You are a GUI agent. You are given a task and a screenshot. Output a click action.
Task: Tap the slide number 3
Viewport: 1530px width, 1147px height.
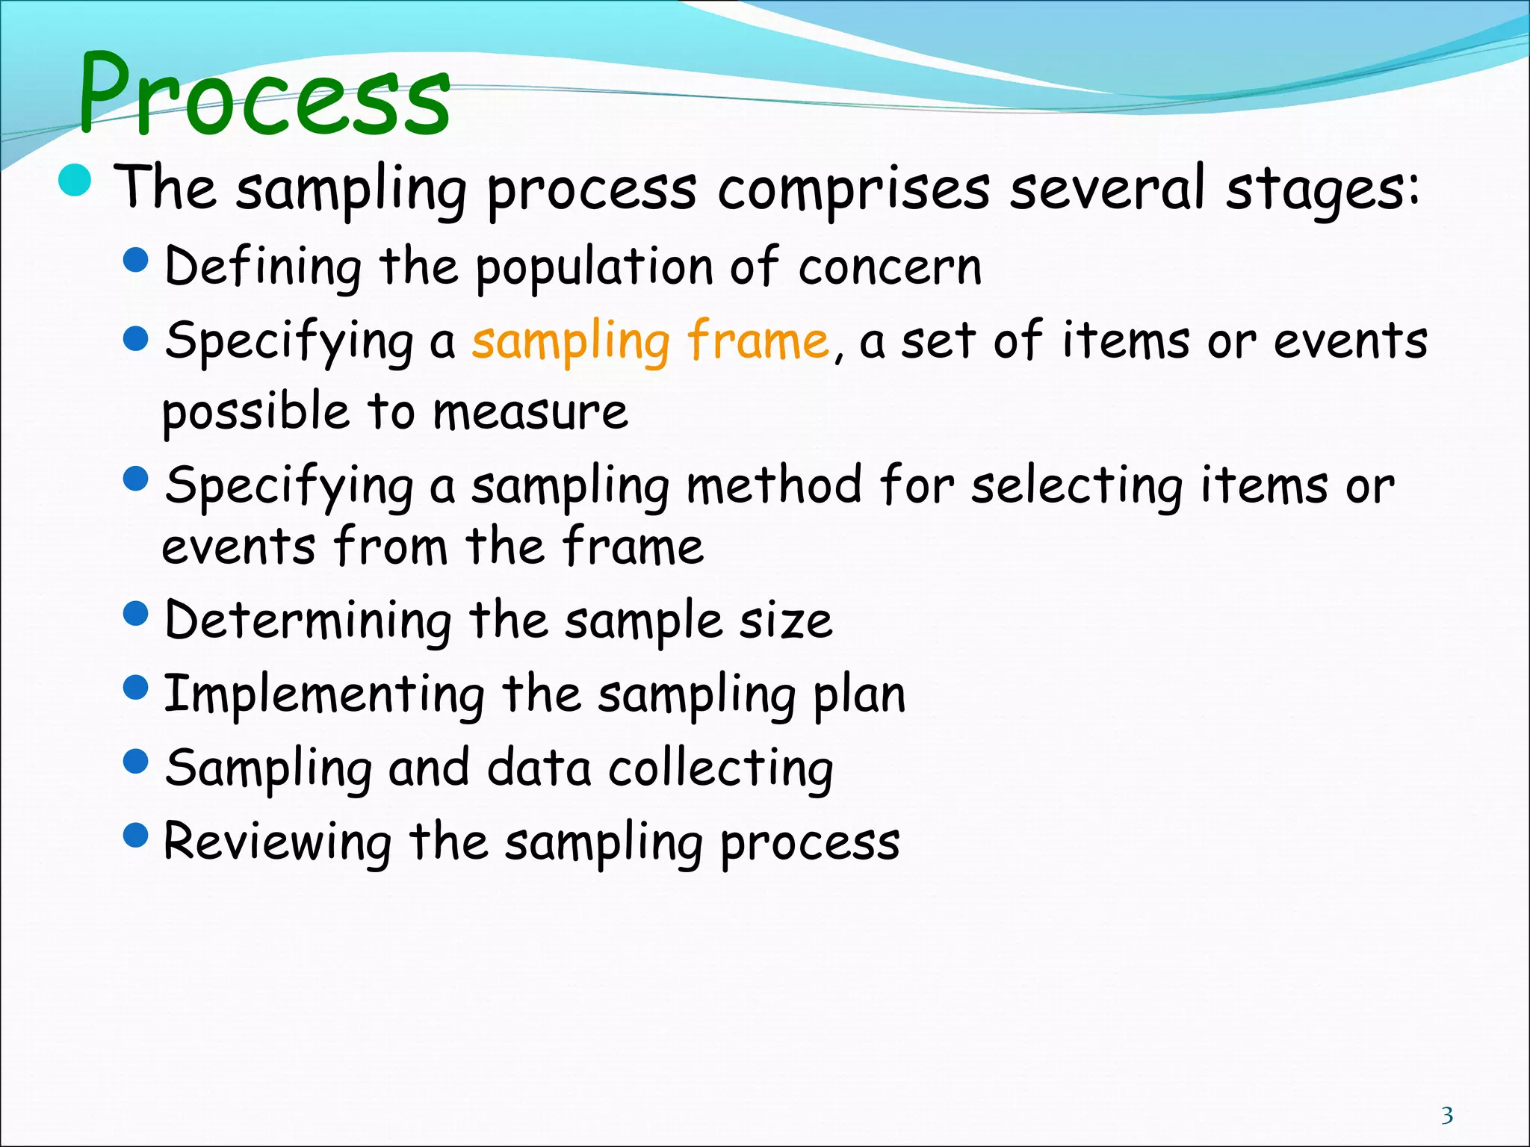(1447, 1115)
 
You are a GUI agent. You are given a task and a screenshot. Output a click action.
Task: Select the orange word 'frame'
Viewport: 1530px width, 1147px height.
(758, 341)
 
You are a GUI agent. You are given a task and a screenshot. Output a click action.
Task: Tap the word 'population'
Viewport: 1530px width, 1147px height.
(595, 268)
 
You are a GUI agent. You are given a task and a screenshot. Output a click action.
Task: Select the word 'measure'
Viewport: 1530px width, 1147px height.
(530, 412)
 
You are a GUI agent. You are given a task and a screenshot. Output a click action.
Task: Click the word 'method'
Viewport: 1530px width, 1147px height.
(774, 485)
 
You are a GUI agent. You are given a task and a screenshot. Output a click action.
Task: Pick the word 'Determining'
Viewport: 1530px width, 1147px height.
(308, 621)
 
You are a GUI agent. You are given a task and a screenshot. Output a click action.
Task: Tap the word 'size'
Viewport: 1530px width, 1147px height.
(785, 621)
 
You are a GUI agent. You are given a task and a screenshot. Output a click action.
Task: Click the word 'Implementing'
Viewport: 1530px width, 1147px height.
(323, 695)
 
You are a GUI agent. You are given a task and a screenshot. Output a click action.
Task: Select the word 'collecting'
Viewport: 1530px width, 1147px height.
(720, 770)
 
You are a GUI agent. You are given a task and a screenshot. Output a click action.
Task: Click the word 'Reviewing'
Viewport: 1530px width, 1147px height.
(277, 843)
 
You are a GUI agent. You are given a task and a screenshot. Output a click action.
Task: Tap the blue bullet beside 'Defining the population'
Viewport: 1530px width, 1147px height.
(136, 261)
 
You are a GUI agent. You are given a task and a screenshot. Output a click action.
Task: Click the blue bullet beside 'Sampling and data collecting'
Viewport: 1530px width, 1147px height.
(136, 762)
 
